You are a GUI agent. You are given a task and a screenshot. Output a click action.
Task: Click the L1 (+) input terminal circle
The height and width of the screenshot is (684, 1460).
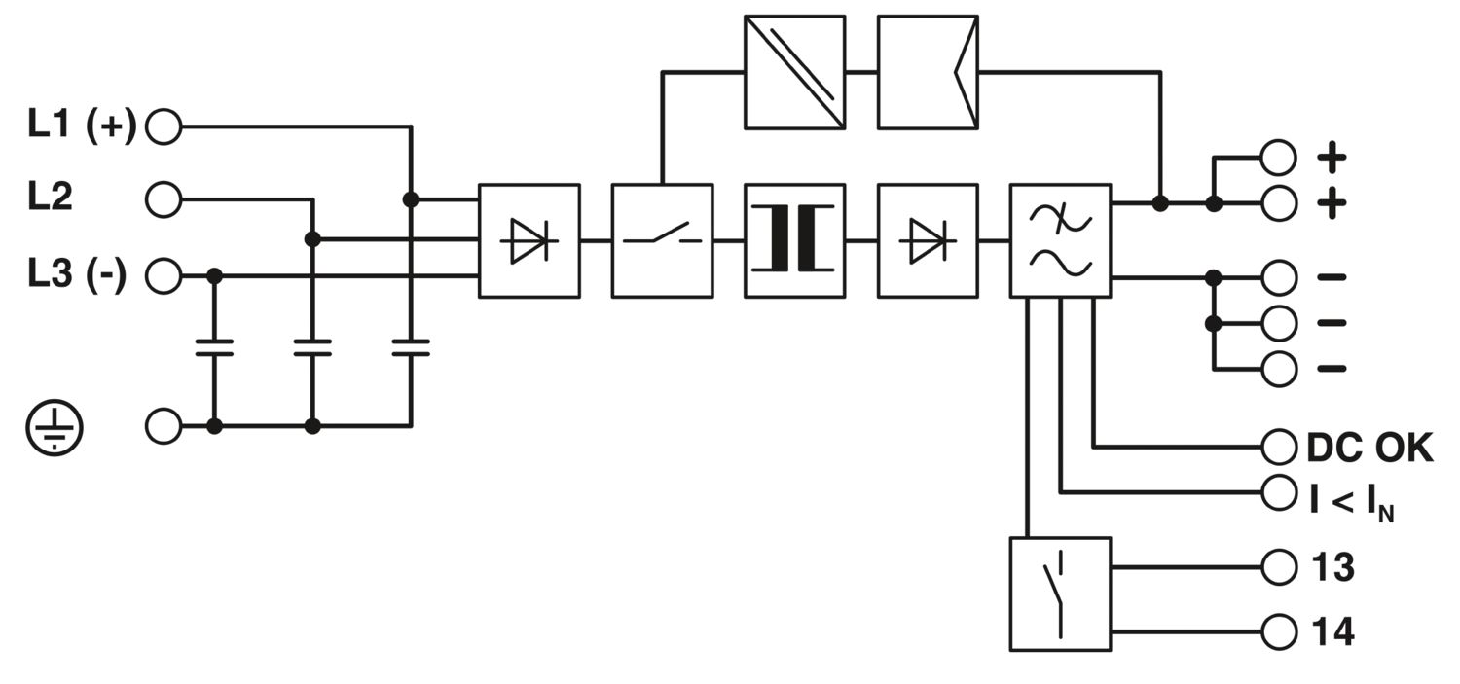tap(164, 127)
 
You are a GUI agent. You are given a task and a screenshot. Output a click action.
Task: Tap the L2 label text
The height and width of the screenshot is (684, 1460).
tap(50, 199)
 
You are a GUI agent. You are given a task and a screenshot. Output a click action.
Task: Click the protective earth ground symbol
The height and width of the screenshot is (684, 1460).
tap(55, 427)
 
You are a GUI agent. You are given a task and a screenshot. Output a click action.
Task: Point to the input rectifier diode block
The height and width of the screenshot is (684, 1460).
tap(529, 240)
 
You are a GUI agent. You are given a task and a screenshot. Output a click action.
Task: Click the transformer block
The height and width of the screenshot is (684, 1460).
tap(794, 240)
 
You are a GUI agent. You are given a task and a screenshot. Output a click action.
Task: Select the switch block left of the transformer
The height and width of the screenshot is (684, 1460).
tap(662, 240)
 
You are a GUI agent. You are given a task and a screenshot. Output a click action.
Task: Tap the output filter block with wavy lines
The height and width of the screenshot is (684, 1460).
tap(1061, 240)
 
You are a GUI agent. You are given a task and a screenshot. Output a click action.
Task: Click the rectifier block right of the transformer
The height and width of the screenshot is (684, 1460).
tap(928, 240)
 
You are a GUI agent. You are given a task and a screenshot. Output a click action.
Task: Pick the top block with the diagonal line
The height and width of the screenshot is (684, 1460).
tap(794, 72)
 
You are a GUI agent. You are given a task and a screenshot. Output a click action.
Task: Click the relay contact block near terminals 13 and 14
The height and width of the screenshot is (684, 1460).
tap(1060, 594)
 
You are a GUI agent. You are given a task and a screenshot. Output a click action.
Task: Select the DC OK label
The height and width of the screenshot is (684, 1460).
tap(1369, 449)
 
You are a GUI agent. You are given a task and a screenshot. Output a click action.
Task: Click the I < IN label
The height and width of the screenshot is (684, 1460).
tap(1351, 496)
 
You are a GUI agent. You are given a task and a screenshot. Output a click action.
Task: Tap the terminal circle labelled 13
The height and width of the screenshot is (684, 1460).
tap(1279, 566)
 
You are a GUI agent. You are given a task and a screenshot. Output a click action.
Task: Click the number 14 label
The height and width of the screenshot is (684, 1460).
tap(1332, 632)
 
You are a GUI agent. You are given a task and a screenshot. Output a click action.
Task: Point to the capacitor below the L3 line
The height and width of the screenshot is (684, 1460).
tap(215, 348)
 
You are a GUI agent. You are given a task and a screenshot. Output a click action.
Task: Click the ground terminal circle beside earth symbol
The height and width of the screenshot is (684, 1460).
tap(164, 426)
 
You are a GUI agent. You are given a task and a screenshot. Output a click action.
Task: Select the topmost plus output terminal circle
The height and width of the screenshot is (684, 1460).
tap(1279, 156)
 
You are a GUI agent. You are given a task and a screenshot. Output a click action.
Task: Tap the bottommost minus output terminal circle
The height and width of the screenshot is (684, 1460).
tap(1279, 369)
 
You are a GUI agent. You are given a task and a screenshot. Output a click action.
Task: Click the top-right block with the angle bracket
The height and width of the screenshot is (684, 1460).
tap(928, 72)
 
